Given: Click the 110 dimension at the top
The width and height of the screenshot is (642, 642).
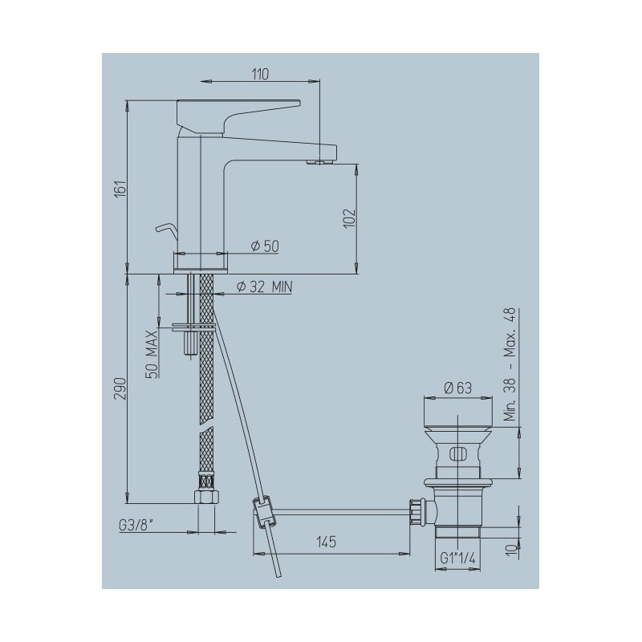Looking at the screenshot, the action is (x=260, y=75).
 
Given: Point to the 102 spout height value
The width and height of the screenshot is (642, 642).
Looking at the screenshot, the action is (x=349, y=218).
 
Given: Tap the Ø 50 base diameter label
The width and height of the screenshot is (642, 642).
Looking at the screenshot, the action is (x=265, y=246).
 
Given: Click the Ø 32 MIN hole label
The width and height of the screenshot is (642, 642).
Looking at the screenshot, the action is (x=265, y=287).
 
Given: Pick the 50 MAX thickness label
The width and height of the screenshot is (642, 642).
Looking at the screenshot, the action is (x=152, y=354).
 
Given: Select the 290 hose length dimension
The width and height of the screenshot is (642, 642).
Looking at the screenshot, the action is (x=120, y=388).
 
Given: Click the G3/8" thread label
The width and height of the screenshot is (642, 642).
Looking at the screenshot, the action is (x=136, y=526).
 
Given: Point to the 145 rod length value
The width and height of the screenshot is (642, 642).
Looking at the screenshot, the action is (x=327, y=542).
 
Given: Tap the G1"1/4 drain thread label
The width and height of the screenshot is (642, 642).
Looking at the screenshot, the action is (x=457, y=558).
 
